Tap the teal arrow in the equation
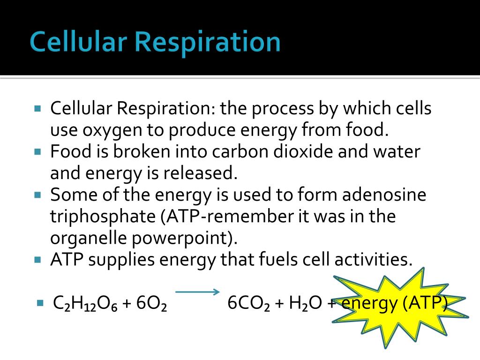pyautogui.click(x=197, y=292)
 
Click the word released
pyautogui.click(x=198, y=173)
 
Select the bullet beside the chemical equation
pyautogui.click(x=40, y=303)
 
